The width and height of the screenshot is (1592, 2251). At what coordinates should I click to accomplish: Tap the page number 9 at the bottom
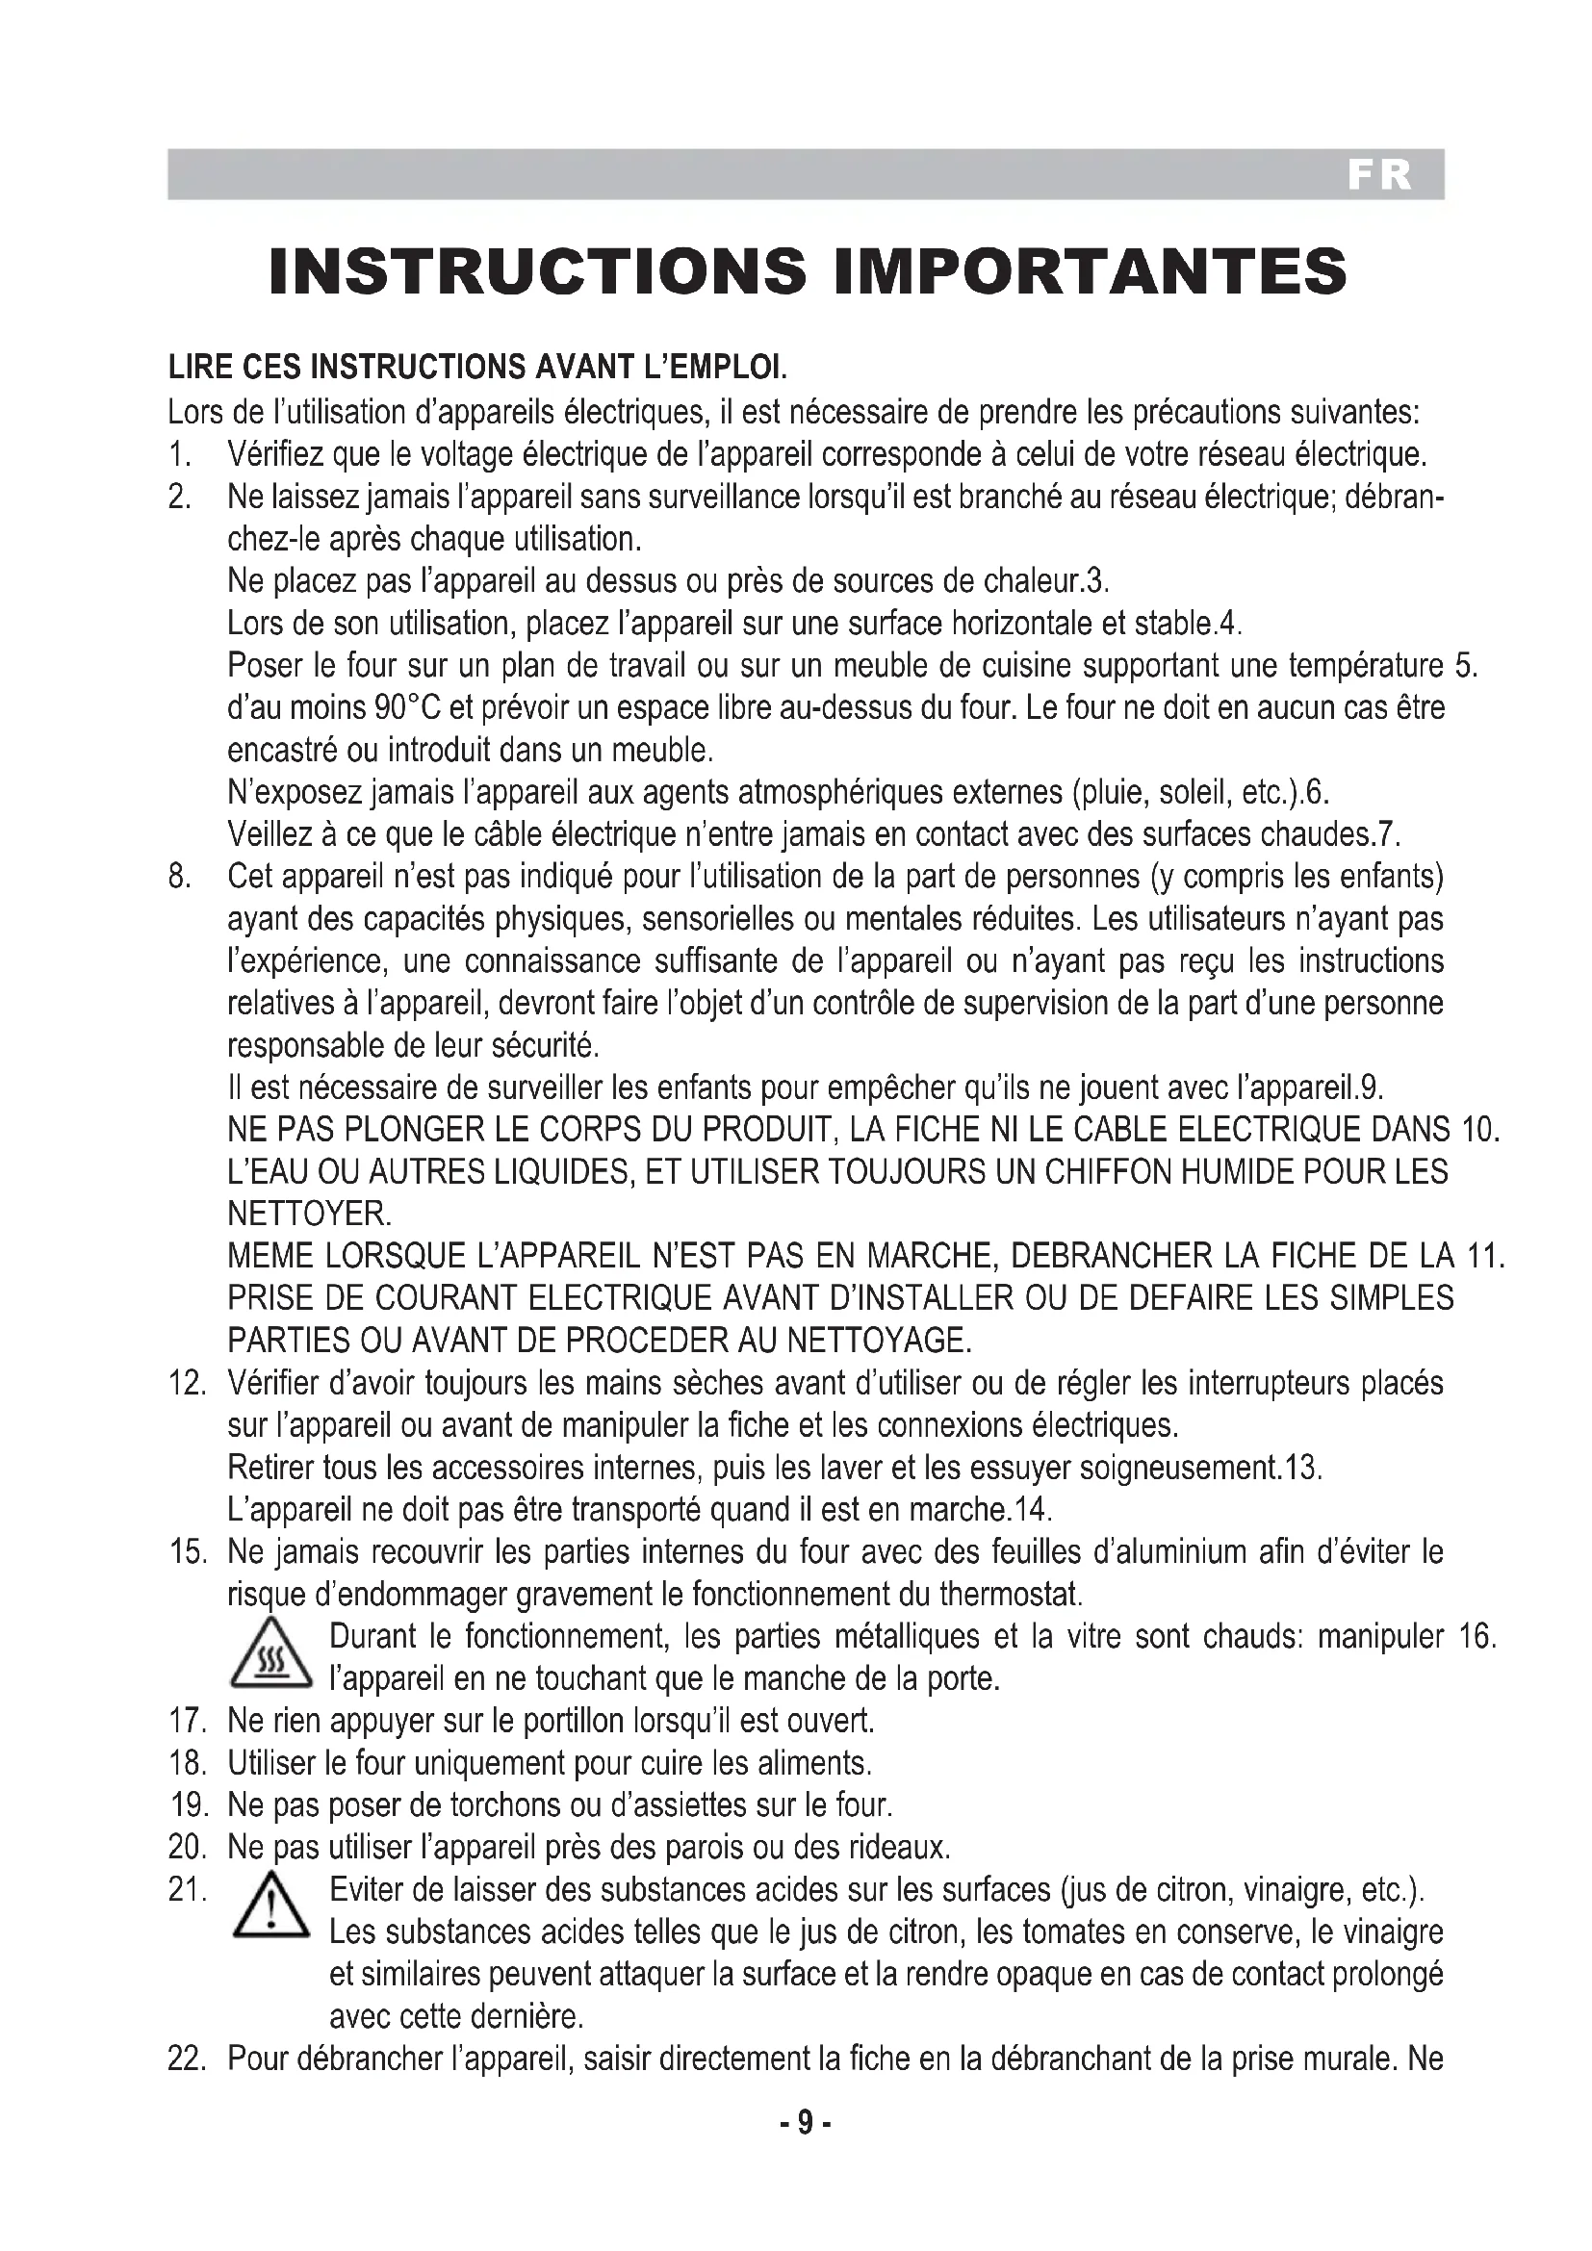[x=804, y=2123]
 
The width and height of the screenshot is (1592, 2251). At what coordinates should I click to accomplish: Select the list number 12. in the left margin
[x=187, y=1383]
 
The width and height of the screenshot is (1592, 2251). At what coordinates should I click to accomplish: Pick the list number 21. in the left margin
[x=187, y=1889]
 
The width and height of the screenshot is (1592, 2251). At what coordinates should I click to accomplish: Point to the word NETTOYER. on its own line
[x=309, y=1215]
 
